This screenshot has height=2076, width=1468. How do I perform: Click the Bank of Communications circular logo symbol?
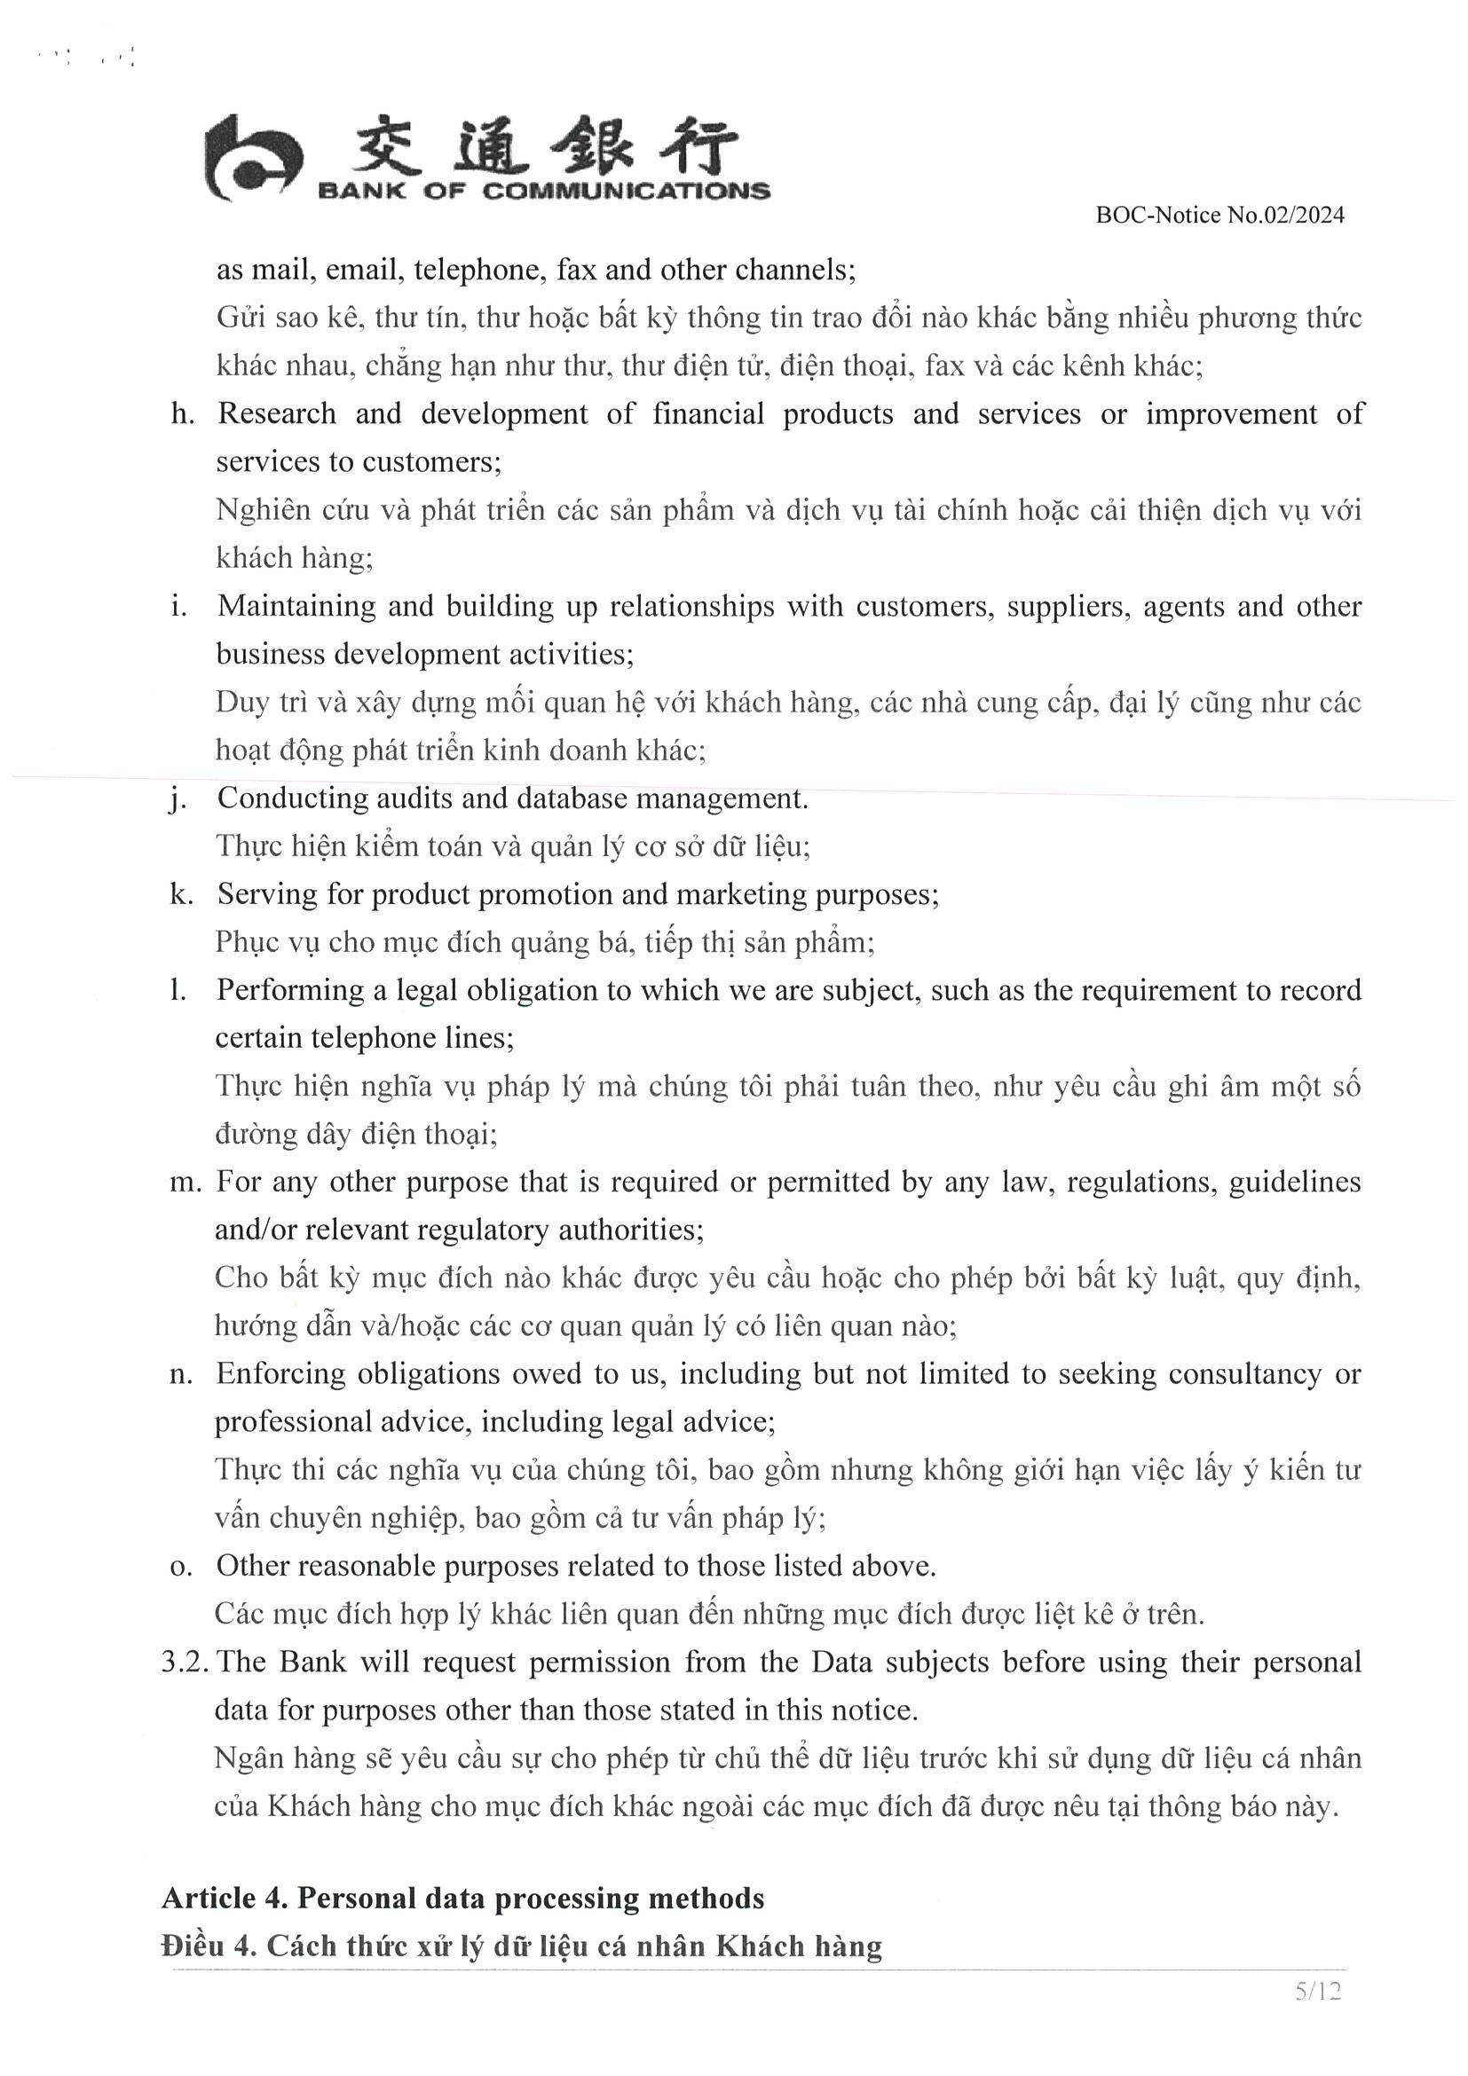click(x=252, y=159)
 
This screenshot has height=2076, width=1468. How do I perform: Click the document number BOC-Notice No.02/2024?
click(x=1219, y=216)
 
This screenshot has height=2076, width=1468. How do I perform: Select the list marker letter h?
click(x=183, y=414)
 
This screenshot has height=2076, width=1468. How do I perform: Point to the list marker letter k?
click(x=182, y=894)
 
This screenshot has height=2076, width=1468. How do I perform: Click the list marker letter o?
click(x=181, y=1567)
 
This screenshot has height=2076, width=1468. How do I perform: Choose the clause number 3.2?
click(x=185, y=1663)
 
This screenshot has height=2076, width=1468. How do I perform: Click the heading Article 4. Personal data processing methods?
click(x=462, y=1898)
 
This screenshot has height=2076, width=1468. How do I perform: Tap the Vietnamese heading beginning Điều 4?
click(x=521, y=1946)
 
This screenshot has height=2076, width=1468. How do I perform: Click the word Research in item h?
click(x=277, y=414)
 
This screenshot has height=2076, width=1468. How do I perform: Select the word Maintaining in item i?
click(x=296, y=607)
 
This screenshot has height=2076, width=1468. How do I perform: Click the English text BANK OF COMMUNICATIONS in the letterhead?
click(x=543, y=192)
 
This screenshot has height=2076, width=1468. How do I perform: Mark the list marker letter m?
click(x=185, y=1183)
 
